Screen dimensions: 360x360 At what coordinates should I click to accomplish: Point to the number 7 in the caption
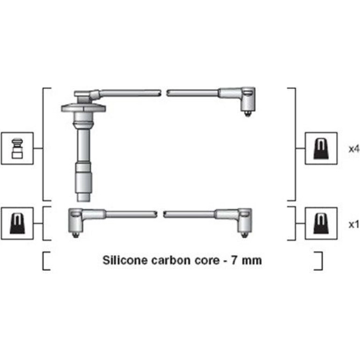234,260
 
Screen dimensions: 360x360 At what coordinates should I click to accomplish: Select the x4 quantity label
353,149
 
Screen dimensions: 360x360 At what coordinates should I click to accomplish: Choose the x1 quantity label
353,224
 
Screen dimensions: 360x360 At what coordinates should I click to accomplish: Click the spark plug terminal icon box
17,148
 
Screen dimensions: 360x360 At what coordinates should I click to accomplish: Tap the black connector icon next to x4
321,148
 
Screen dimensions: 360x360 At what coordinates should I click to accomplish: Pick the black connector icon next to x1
321,223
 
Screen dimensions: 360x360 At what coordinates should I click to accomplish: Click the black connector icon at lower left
17,223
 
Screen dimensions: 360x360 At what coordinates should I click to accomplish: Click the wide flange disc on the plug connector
83,108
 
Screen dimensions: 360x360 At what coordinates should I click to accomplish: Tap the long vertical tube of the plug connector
83,144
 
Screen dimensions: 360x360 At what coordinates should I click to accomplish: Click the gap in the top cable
164,93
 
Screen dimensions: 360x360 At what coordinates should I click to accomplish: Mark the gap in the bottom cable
160,215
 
